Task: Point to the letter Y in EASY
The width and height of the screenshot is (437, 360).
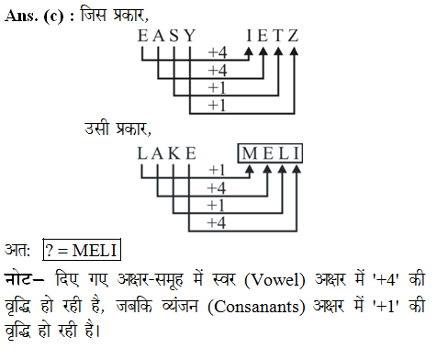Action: click(x=189, y=37)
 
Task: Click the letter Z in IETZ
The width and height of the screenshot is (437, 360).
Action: click(x=293, y=37)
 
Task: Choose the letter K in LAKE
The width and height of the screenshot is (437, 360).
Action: click(x=174, y=152)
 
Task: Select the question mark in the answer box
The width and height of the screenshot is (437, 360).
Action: click(x=50, y=249)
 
